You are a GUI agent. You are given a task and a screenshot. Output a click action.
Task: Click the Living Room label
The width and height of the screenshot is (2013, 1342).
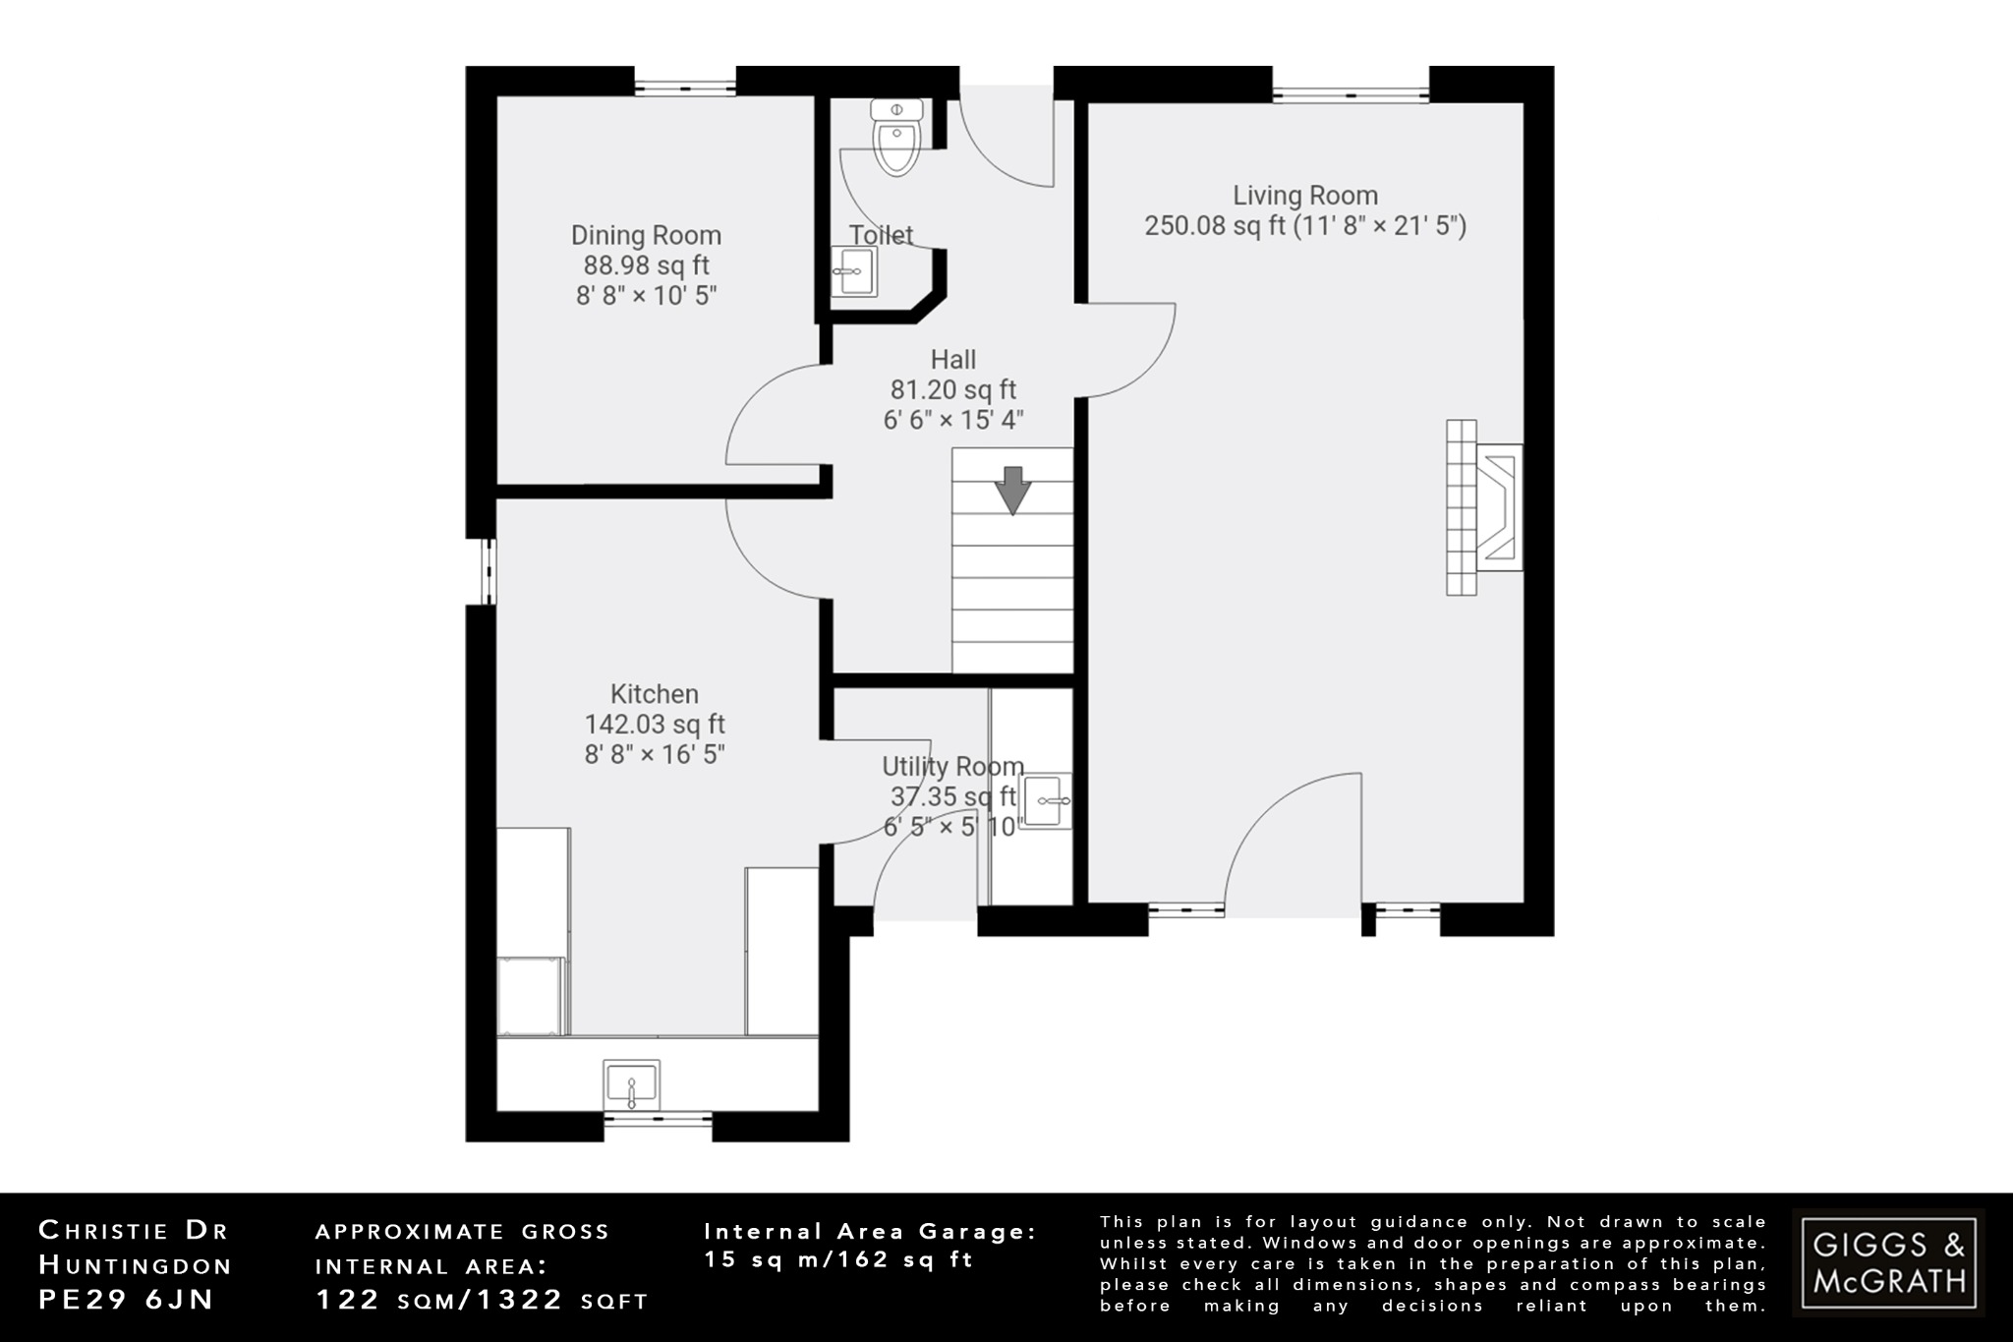(x=1305, y=196)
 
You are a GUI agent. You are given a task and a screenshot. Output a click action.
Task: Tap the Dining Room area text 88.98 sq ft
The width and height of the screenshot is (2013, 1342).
(x=646, y=265)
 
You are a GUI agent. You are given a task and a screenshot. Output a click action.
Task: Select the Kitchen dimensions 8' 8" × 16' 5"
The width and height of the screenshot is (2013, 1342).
(x=655, y=754)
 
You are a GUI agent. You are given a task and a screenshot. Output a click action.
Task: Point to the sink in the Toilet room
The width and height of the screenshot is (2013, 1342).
(x=853, y=272)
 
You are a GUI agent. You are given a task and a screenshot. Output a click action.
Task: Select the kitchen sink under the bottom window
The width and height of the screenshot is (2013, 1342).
(x=631, y=1085)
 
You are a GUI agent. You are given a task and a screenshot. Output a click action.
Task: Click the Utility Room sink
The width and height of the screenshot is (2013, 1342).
(x=1045, y=801)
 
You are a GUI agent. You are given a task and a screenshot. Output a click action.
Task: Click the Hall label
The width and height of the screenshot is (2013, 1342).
(x=953, y=360)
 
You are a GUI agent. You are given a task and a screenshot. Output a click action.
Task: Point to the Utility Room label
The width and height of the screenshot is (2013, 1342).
(x=952, y=766)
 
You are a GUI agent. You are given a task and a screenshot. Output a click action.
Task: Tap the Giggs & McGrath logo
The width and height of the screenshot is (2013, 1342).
(x=1888, y=1263)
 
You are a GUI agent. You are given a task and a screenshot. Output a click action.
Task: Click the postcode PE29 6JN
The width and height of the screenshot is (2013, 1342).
(x=126, y=1300)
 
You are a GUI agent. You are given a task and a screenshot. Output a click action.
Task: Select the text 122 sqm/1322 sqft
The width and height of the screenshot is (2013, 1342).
(x=482, y=1301)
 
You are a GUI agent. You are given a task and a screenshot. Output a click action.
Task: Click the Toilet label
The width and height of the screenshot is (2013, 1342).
(x=881, y=235)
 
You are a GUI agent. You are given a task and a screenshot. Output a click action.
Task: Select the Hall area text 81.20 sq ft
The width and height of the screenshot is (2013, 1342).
(x=953, y=390)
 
